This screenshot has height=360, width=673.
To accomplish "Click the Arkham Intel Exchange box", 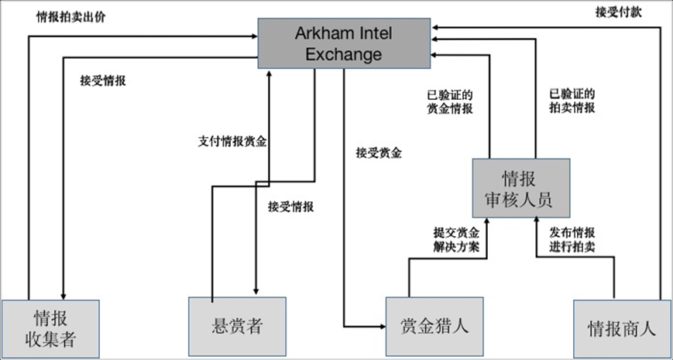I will tap(344, 43).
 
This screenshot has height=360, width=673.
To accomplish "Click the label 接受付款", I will tap(618, 12).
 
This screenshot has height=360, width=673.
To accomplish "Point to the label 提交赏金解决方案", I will tap(456, 239).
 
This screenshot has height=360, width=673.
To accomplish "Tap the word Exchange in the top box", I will tap(344, 54).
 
